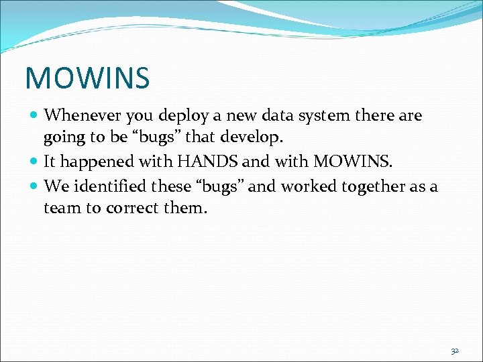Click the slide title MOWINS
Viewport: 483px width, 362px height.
[87, 77]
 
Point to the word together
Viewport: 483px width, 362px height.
[367, 186]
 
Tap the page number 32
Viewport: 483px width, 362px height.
[455, 351]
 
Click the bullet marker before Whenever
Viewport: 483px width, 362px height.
[34, 116]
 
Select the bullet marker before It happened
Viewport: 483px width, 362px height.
[34, 162]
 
